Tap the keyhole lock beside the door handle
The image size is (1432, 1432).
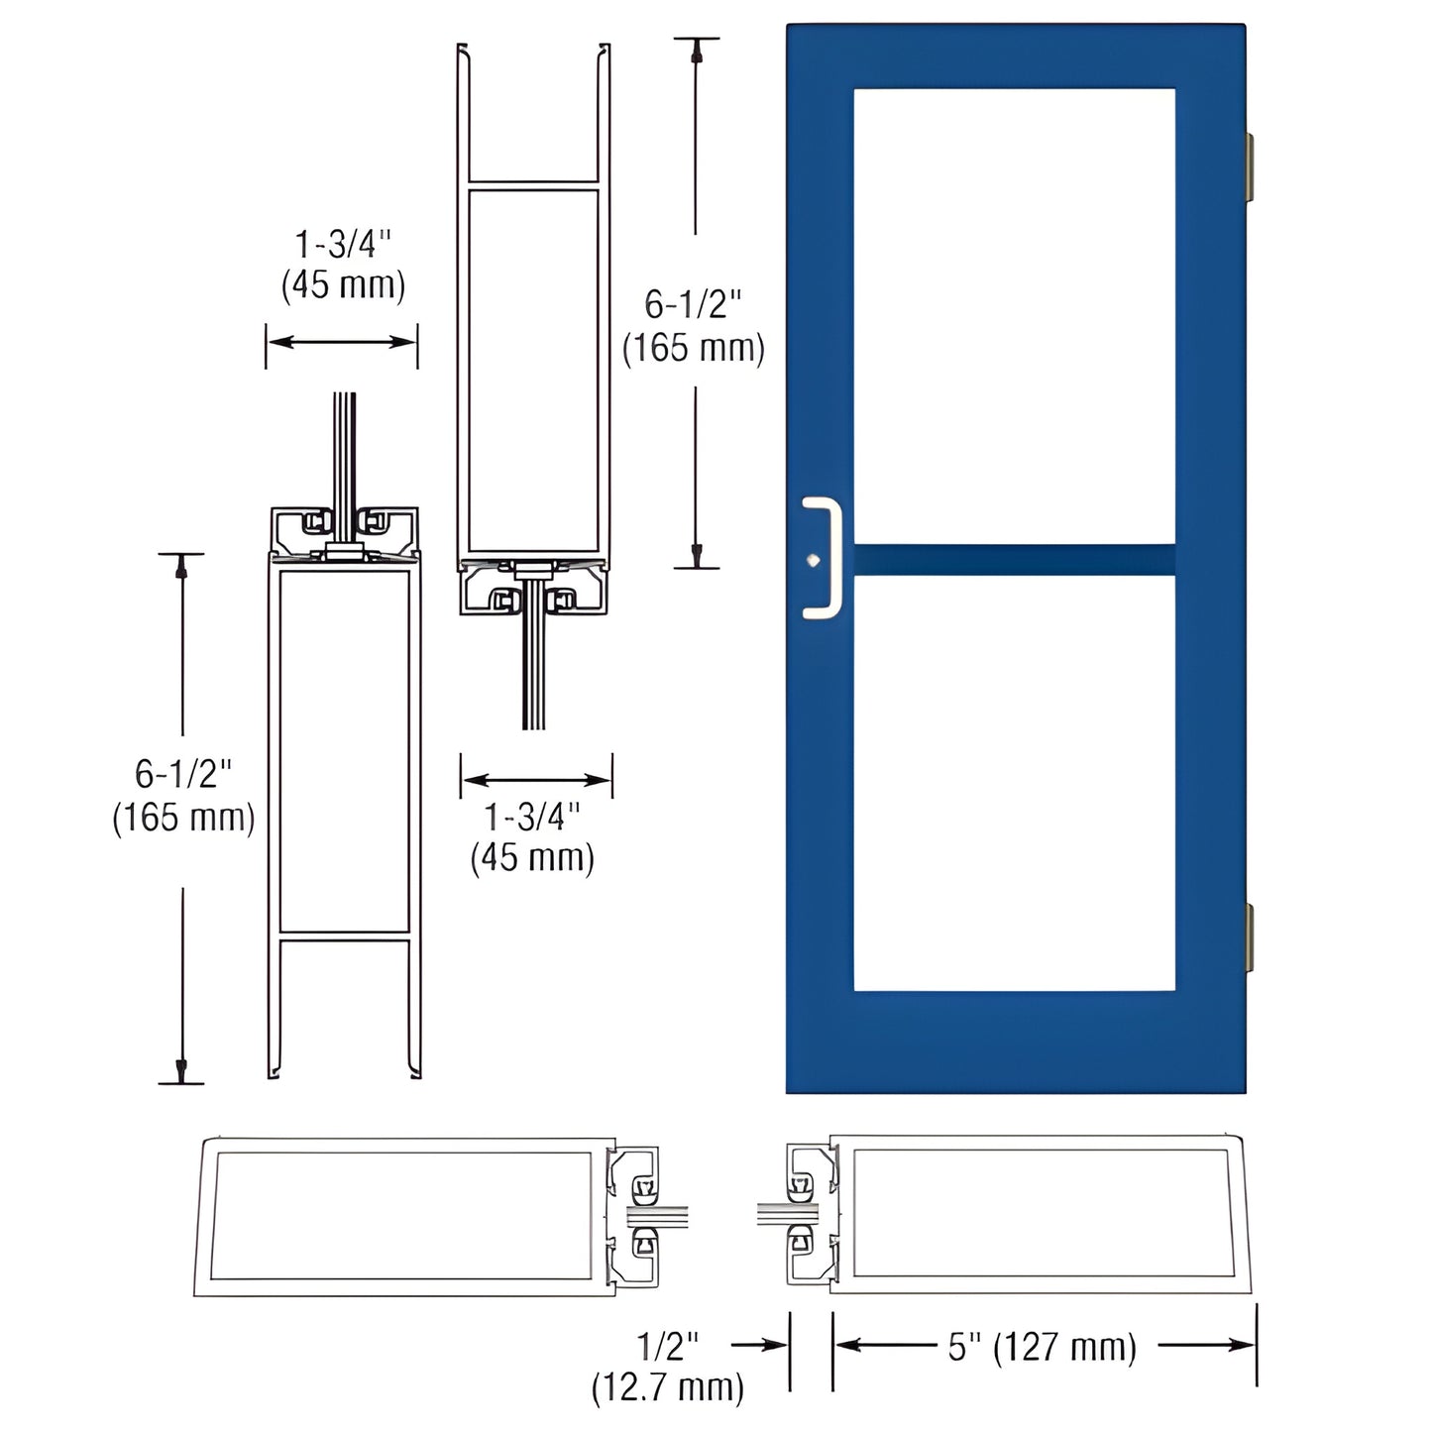pyautogui.click(x=813, y=559)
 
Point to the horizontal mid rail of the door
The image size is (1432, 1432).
pyautogui.click(x=1014, y=559)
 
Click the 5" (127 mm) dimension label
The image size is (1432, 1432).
pyautogui.click(x=1042, y=1347)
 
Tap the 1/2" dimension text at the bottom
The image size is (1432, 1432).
pyautogui.click(x=667, y=1346)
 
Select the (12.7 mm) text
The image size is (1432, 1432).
pyautogui.click(x=667, y=1387)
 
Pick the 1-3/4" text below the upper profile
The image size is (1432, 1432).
pyautogui.click(x=532, y=817)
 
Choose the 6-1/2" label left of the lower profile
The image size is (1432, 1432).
pyautogui.click(x=183, y=773)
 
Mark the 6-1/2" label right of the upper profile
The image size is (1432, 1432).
pyautogui.click(x=693, y=304)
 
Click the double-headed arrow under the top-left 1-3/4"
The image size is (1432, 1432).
pyautogui.click(x=342, y=342)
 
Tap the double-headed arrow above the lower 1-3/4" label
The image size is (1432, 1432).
pyautogui.click(x=536, y=779)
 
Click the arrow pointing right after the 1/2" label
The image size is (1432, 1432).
pyautogui.click(x=759, y=1345)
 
